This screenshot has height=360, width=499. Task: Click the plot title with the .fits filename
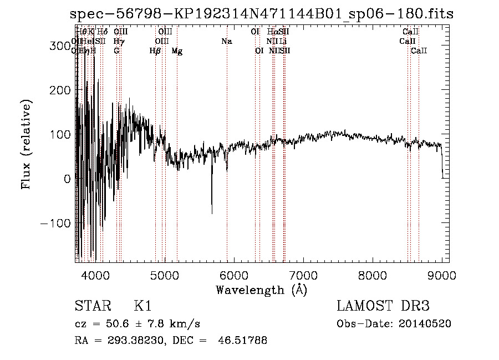[262, 14]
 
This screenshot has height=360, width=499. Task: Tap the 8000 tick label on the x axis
[373, 275]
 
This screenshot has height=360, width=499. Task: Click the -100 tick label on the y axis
[54, 223]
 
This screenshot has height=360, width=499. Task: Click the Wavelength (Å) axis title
[261, 290]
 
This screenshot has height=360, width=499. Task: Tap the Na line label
[226, 42]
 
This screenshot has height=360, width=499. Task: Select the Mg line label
[177, 51]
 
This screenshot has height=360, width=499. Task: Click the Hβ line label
[155, 51]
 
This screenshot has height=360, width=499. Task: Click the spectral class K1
[142, 306]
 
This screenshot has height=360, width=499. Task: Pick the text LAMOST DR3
[383, 306]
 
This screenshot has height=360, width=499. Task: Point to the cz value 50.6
[122, 323]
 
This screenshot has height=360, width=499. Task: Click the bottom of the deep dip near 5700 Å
[212, 213]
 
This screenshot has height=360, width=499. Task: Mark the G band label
[116, 51]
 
